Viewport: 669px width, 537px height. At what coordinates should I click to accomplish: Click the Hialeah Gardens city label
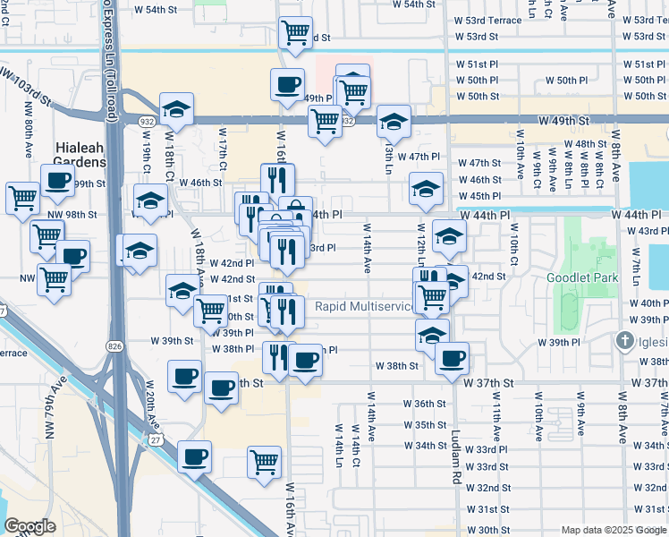80,155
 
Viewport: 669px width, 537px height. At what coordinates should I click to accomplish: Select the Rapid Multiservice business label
365,307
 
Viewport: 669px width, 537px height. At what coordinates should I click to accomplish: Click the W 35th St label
424,425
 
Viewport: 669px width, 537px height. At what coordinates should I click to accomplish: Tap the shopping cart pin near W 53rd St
295,33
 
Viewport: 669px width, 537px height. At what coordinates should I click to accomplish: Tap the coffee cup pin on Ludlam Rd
452,358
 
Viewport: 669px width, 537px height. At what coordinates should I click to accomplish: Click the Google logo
30,526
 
